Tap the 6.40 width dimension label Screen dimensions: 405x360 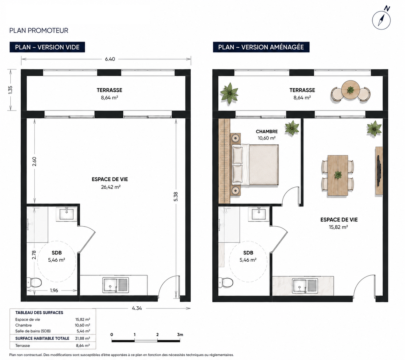coord(110,59)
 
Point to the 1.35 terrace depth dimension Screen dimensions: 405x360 coord(10,90)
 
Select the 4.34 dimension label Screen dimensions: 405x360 coord(137,308)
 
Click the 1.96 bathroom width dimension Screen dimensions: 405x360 coord(54,290)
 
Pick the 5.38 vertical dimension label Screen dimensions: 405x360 coord(176,197)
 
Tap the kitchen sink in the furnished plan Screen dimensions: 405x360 coord(305,286)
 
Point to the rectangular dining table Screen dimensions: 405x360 coord(338,175)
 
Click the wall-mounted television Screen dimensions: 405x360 coord(379,171)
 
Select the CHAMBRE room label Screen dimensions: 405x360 coord(267,132)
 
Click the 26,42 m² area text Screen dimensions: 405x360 coord(111,187)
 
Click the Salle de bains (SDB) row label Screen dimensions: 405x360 coord(33,331)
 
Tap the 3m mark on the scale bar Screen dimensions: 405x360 coord(180,334)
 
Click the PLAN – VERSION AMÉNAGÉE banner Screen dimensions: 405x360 coord(261,47)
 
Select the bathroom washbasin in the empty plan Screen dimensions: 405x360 coord(67,214)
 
